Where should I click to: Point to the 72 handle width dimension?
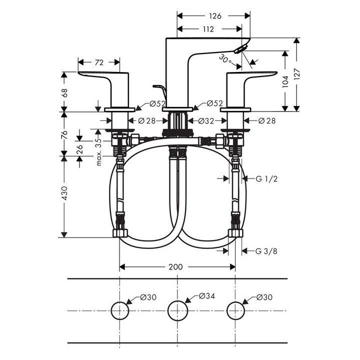click(x=99, y=62)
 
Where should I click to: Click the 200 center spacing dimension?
click(x=175, y=267)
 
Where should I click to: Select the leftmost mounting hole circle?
click(x=119, y=310)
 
